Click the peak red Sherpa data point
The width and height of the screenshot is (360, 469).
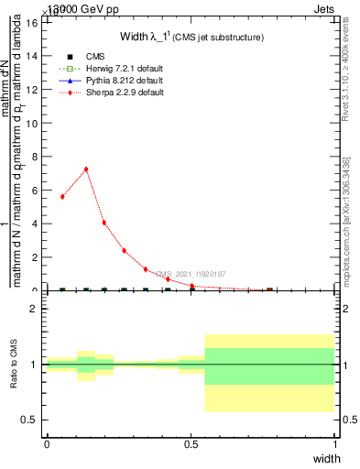(x=86, y=169)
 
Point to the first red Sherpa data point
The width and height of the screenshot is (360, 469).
(x=62, y=196)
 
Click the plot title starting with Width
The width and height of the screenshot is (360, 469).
(x=191, y=37)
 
